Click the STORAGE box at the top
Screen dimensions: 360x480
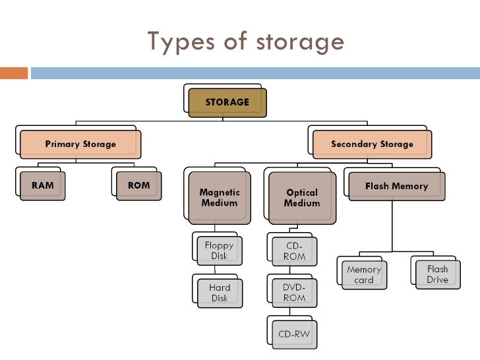pos(227,103)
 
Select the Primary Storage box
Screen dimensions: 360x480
pos(80,144)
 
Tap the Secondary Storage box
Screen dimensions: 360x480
pos(372,144)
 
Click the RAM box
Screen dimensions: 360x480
pos(44,186)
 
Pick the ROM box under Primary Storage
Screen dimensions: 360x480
pos(138,186)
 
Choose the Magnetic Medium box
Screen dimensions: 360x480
pos(220,198)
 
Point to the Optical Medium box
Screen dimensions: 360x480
pos(301,198)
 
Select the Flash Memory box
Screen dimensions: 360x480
pos(396,187)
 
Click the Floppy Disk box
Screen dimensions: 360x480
pos(220,251)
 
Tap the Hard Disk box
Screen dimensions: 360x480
pos(220,293)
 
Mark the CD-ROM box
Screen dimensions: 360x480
pos(295,251)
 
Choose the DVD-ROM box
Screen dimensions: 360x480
pos(295,293)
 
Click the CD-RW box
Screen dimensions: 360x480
pos(294,334)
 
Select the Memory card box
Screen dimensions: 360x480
pos(364,274)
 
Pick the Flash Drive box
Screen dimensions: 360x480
pos(437,274)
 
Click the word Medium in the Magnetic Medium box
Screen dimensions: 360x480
pos(220,203)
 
